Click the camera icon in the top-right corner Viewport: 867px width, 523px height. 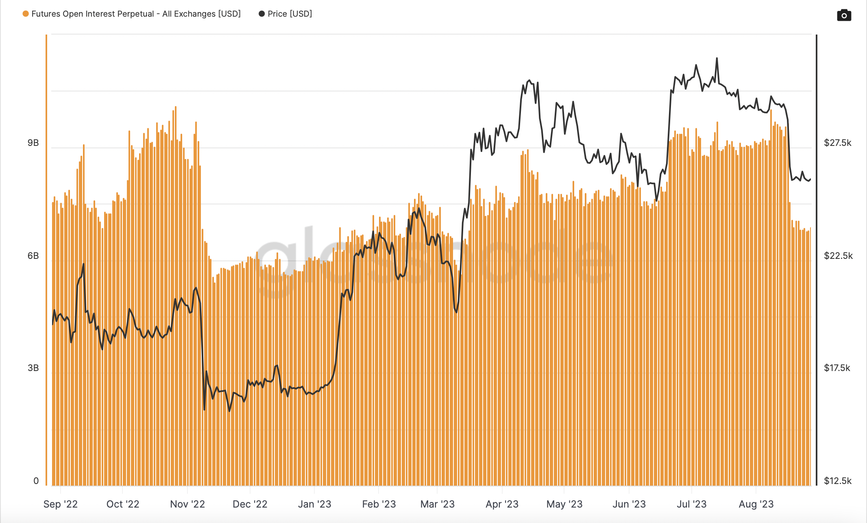click(x=844, y=15)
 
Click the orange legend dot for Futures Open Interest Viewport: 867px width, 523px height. click(x=26, y=14)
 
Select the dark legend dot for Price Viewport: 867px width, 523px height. click(x=262, y=14)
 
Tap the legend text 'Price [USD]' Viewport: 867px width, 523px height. click(x=290, y=14)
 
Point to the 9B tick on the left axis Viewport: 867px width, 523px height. click(x=33, y=143)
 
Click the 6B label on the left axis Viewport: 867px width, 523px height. click(x=33, y=256)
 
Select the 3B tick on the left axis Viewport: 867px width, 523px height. click(x=33, y=368)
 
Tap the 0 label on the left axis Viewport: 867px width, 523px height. click(x=36, y=481)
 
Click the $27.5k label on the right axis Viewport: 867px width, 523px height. click(x=837, y=143)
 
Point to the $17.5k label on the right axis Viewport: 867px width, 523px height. click(x=837, y=368)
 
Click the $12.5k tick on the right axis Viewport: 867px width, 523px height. click(x=838, y=481)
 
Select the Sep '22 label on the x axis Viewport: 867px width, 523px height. click(x=61, y=504)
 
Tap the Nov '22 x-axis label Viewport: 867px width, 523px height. click(x=187, y=504)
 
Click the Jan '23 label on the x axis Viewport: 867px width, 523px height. click(x=315, y=504)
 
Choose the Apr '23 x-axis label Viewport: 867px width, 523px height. click(x=502, y=504)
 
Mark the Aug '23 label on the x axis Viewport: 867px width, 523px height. click(x=756, y=504)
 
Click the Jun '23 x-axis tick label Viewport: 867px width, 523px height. click(x=629, y=504)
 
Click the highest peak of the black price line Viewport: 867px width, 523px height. click(x=717, y=59)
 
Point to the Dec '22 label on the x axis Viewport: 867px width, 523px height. click(x=250, y=504)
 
